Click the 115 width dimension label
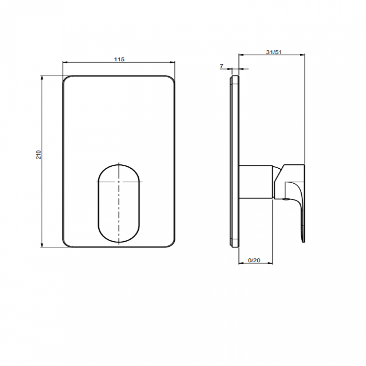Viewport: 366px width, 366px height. (x=119, y=59)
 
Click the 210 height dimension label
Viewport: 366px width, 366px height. (x=39, y=155)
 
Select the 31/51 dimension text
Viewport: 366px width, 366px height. (x=274, y=52)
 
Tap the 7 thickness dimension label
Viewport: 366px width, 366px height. (x=222, y=66)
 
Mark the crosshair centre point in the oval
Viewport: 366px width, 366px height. (x=119, y=182)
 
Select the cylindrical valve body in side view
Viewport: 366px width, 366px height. (x=255, y=182)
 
